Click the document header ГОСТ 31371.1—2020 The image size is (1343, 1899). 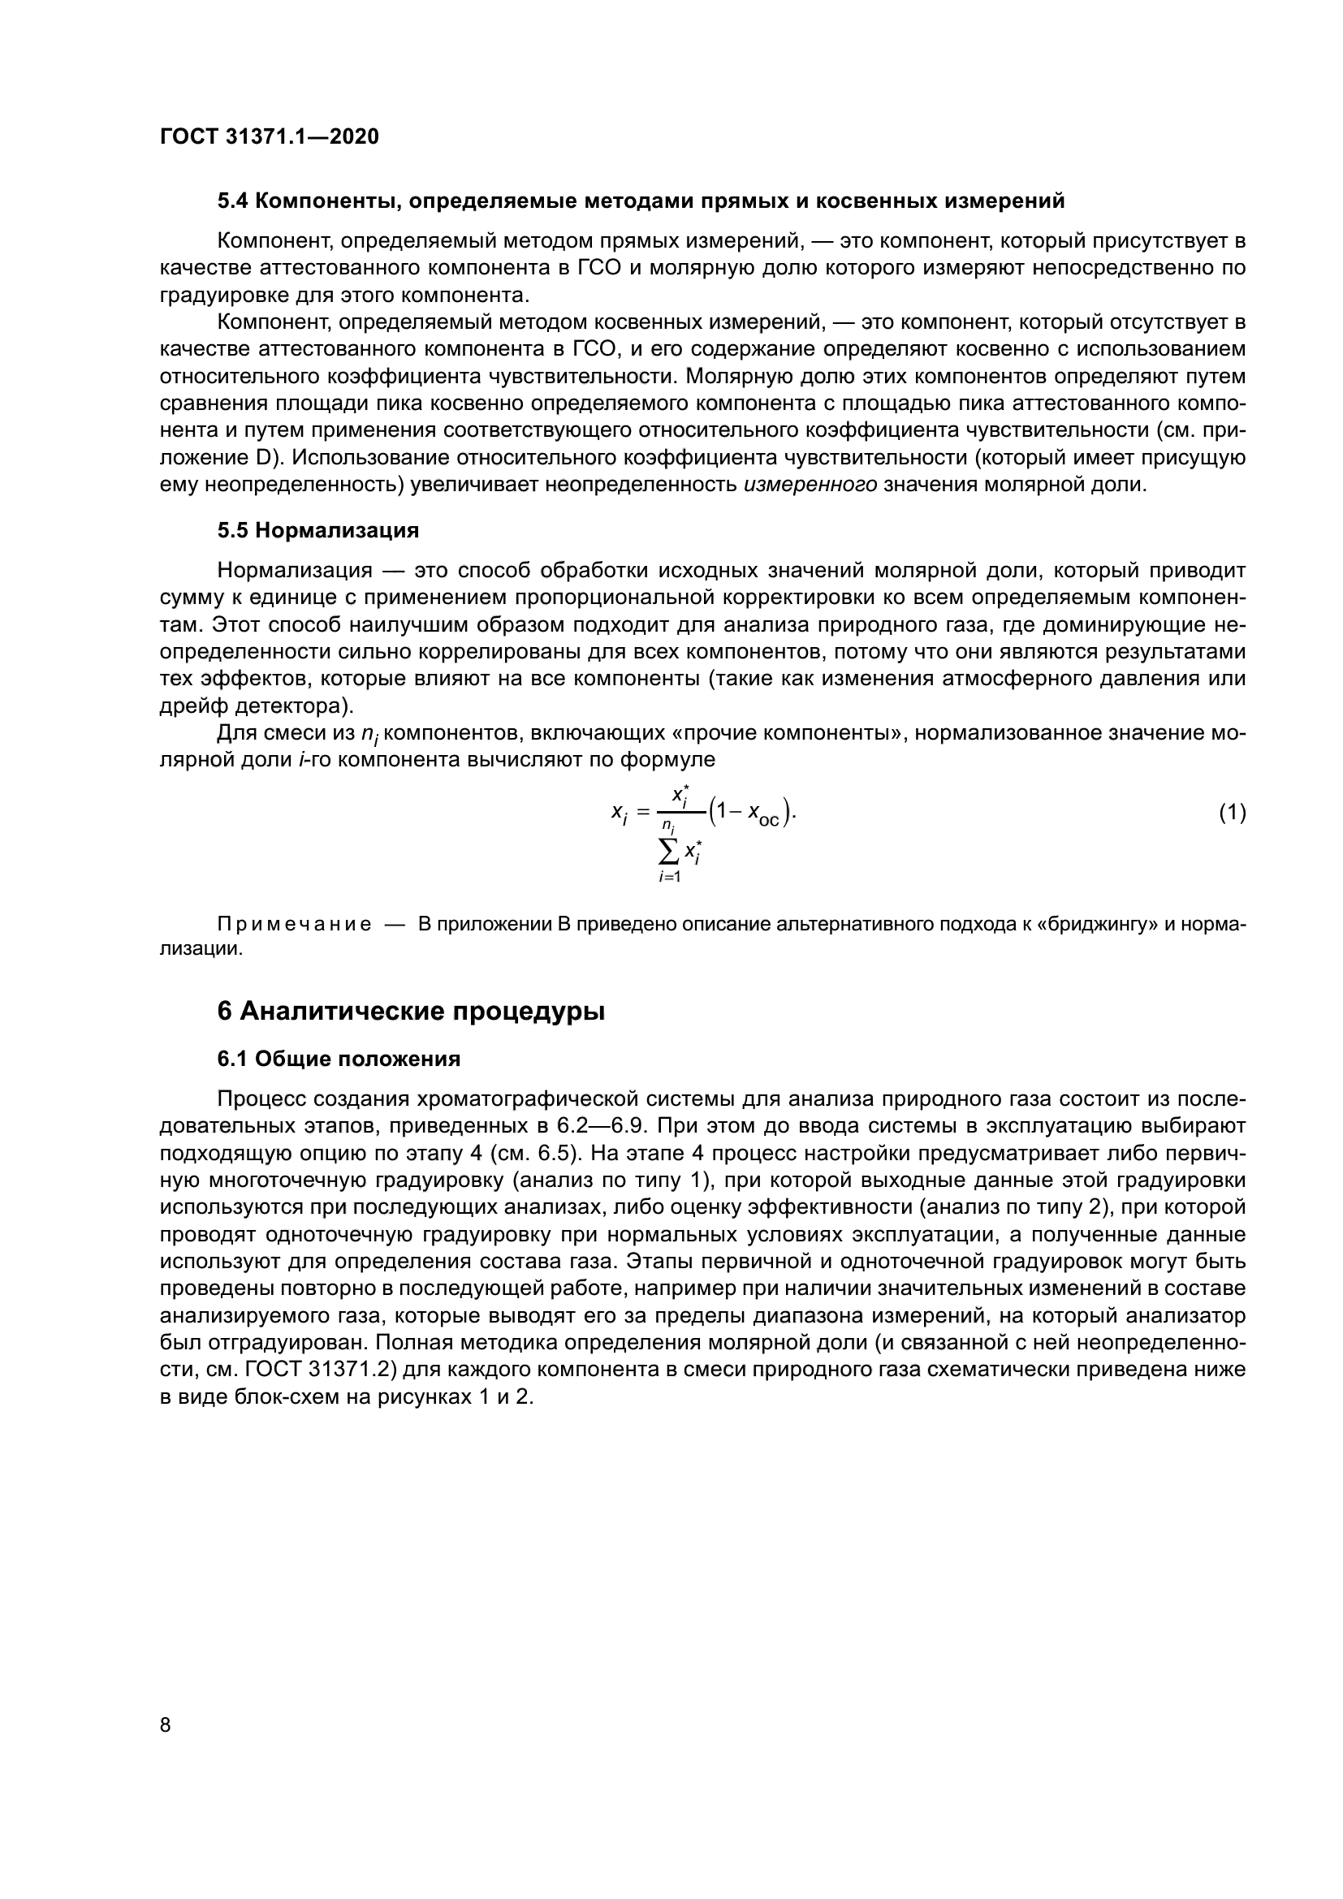269,137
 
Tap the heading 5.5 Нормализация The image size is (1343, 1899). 317,531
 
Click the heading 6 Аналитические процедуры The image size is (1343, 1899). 410,1012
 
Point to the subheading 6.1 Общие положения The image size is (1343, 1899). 339,1060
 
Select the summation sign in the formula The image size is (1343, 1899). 668,849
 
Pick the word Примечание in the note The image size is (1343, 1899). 293,924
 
